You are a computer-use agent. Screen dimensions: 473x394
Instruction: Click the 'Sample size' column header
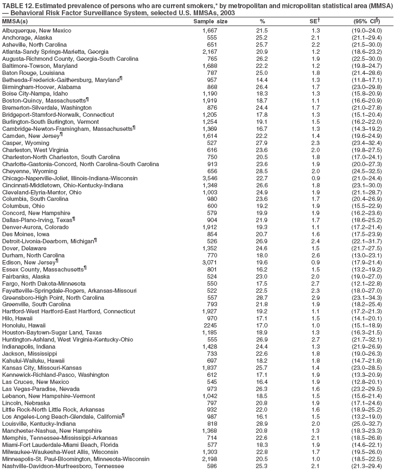tap(211, 21)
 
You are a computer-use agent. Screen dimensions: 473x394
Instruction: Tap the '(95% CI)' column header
tap(364, 21)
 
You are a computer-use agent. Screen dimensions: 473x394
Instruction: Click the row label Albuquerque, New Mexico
tap(36, 30)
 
